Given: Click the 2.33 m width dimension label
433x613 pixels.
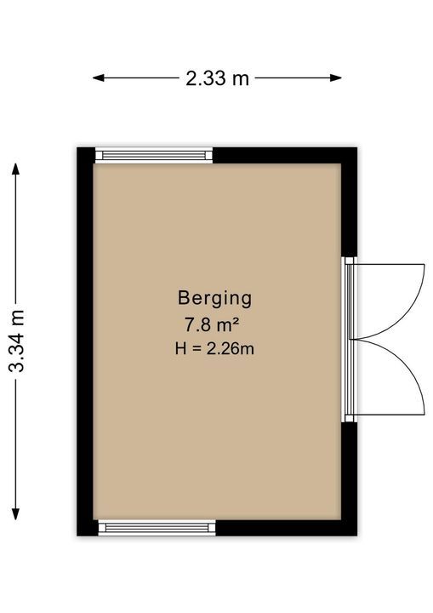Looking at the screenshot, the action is pyautogui.click(x=217, y=78).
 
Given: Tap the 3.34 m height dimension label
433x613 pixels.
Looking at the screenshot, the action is pyautogui.click(x=17, y=341).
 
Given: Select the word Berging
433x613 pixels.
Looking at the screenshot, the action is pyautogui.click(x=214, y=299).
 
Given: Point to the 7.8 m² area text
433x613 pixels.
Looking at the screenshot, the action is pyautogui.click(x=212, y=324).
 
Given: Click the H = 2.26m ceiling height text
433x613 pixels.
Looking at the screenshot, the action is pyautogui.click(x=214, y=348).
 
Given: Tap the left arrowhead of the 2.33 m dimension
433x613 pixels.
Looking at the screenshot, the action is pyautogui.click(x=98, y=77).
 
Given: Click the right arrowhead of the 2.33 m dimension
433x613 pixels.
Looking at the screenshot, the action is pyautogui.click(x=336, y=77).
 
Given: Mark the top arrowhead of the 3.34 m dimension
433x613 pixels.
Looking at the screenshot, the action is pyautogui.click(x=15, y=169).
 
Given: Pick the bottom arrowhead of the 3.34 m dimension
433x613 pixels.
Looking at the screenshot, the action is pyautogui.click(x=15, y=513).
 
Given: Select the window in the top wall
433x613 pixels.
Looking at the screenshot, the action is pyautogui.click(x=154, y=155).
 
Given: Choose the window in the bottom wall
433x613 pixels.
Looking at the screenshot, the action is pyautogui.click(x=157, y=528).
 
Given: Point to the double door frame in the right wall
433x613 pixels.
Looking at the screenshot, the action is pyautogui.click(x=349, y=340).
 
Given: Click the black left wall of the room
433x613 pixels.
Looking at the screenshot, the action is pyautogui.click(x=85, y=341).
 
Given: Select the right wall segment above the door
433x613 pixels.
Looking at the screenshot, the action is pyautogui.click(x=350, y=202).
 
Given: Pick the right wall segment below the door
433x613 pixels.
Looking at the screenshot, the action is pyautogui.click(x=350, y=478).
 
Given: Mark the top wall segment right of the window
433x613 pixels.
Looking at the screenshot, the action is pyautogui.click(x=284, y=155).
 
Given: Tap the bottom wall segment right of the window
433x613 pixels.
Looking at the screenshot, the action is pyautogui.click(x=286, y=528).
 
